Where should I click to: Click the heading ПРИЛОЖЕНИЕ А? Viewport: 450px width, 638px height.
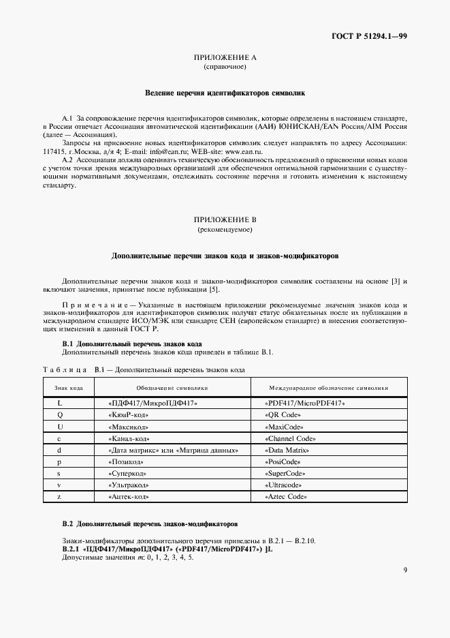(225, 58)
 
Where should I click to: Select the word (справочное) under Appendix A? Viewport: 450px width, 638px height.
(225, 67)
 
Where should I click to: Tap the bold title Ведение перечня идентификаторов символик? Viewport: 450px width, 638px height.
(225, 91)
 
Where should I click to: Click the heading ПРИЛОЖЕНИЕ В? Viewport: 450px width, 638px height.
(225, 219)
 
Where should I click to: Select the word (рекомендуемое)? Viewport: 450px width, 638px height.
(225, 230)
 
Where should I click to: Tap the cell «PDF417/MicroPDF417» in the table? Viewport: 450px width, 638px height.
(304, 403)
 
